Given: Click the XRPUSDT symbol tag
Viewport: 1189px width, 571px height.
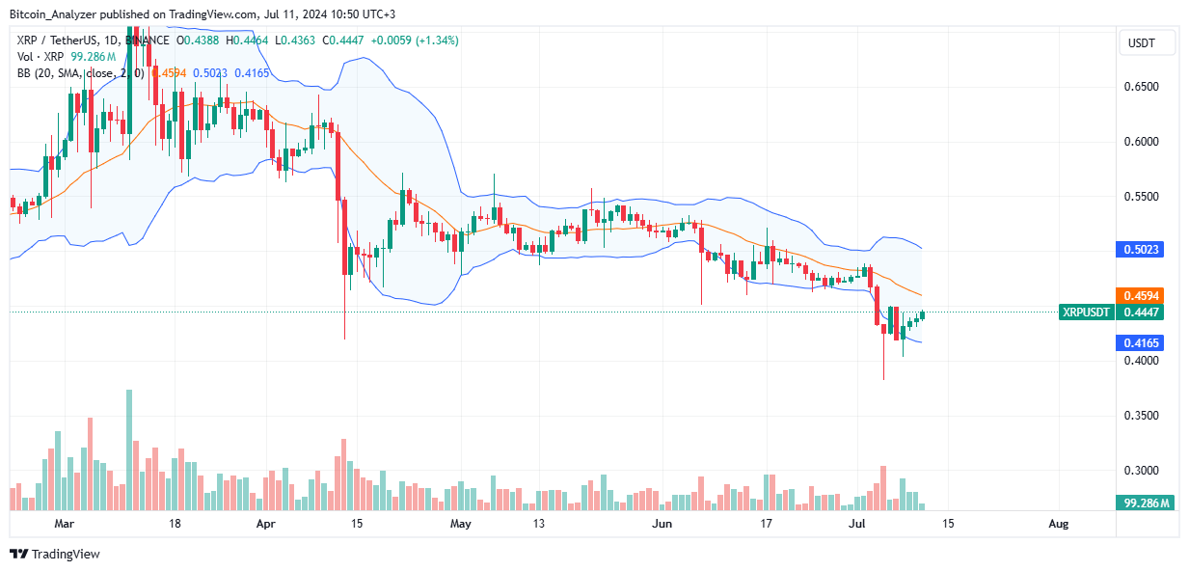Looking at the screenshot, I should point(1086,312).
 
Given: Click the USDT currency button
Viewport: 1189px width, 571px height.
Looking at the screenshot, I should point(1141,43).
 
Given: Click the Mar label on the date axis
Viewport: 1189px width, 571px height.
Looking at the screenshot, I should point(64,524).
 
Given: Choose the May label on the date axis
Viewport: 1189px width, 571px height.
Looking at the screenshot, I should point(461,524).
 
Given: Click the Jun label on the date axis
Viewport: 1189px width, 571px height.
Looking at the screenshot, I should point(662,524).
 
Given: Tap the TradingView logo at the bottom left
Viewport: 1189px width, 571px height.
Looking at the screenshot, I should point(55,554).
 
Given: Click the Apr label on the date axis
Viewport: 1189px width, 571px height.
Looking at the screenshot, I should point(267,524).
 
